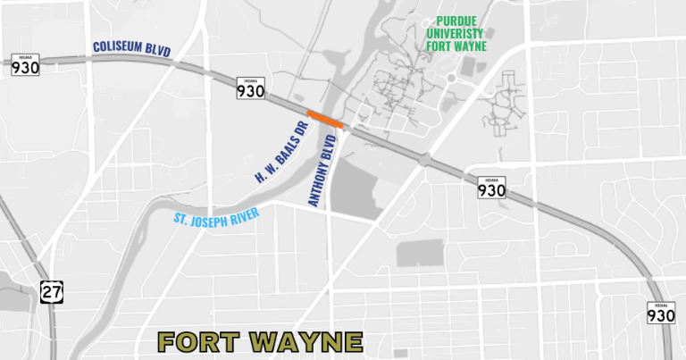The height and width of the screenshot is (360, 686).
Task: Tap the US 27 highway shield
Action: click(50, 290)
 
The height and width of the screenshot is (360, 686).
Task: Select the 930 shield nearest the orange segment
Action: click(251, 88)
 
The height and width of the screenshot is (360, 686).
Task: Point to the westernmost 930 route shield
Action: click(26, 64)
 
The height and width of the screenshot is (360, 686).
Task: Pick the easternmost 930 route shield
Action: click(662, 313)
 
